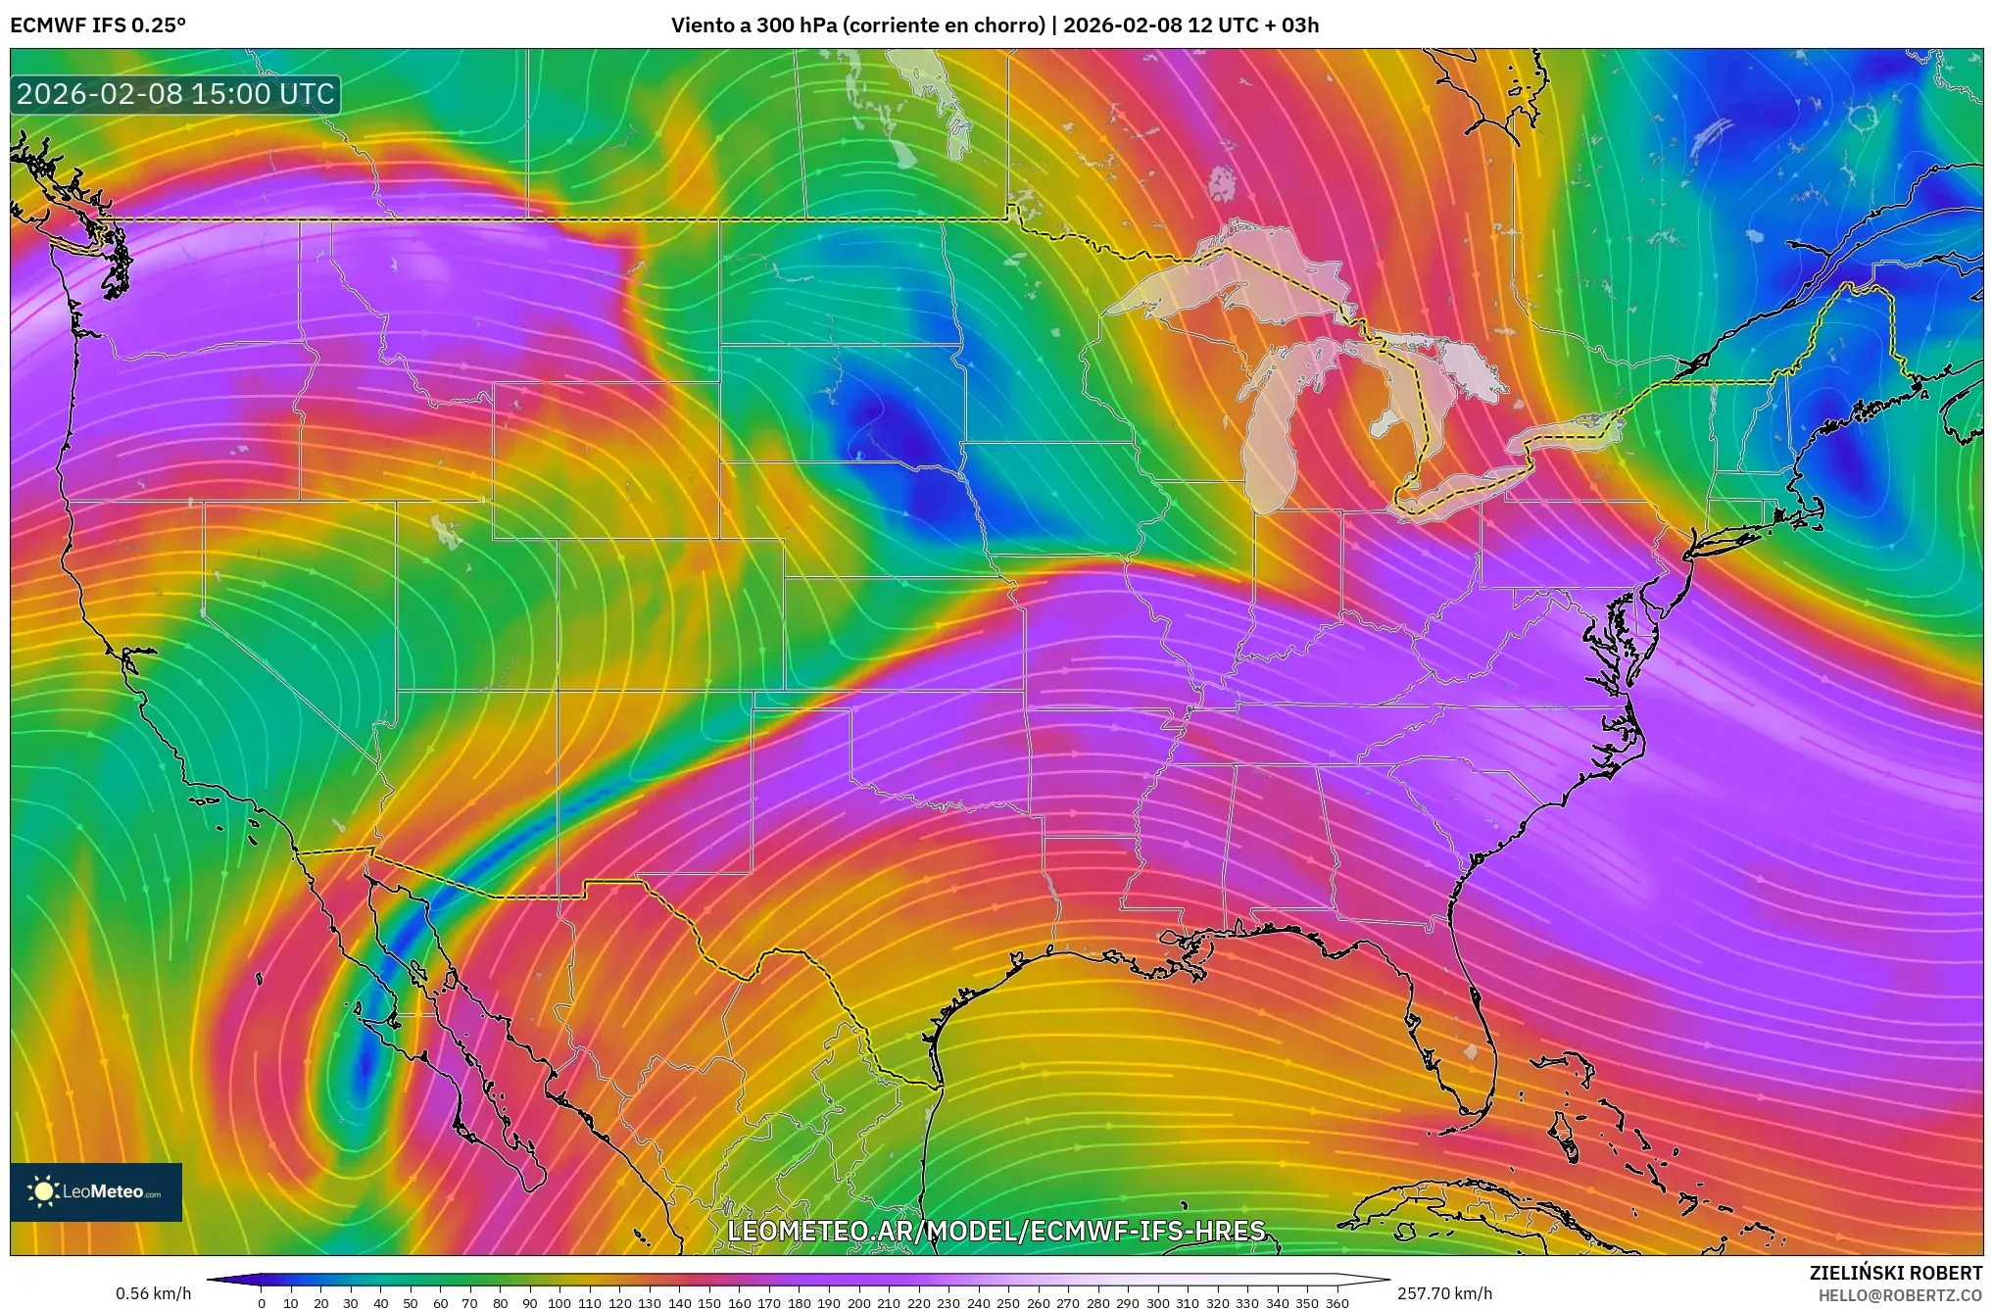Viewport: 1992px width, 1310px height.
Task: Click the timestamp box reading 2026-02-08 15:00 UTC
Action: point(175,94)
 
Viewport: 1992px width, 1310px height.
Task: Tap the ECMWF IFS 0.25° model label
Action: point(98,25)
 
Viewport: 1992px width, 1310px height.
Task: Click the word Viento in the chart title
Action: point(703,25)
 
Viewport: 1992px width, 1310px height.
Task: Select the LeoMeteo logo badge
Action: point(96,1191)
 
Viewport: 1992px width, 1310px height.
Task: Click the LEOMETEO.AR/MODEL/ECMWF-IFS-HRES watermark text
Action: point(996,1231)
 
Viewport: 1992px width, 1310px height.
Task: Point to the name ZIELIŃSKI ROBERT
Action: point(1895,1273)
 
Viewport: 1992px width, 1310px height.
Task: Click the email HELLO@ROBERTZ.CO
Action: point(1900,1295)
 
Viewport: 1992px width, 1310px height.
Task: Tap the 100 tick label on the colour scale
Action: point(559,1303)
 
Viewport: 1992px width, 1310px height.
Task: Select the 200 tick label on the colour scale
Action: point(858,1303)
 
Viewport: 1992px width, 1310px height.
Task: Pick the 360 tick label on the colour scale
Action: point(1336,1303)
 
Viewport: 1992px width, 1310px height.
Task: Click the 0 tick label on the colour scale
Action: point(262,1303)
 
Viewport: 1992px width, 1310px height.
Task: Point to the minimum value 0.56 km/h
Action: point(153,1293)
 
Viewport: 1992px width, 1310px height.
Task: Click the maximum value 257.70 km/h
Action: point(1444,1293)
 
